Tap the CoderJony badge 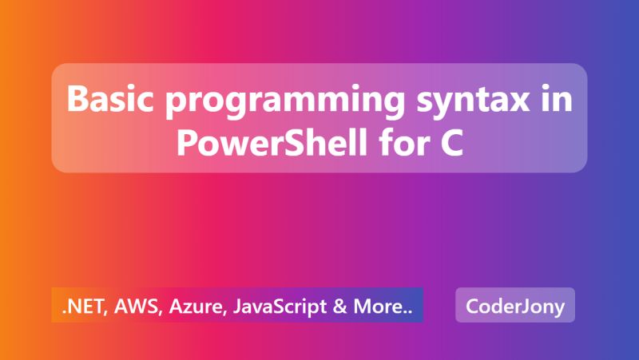(515, 305)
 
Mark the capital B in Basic (77, 101)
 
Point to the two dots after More (407, 311)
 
